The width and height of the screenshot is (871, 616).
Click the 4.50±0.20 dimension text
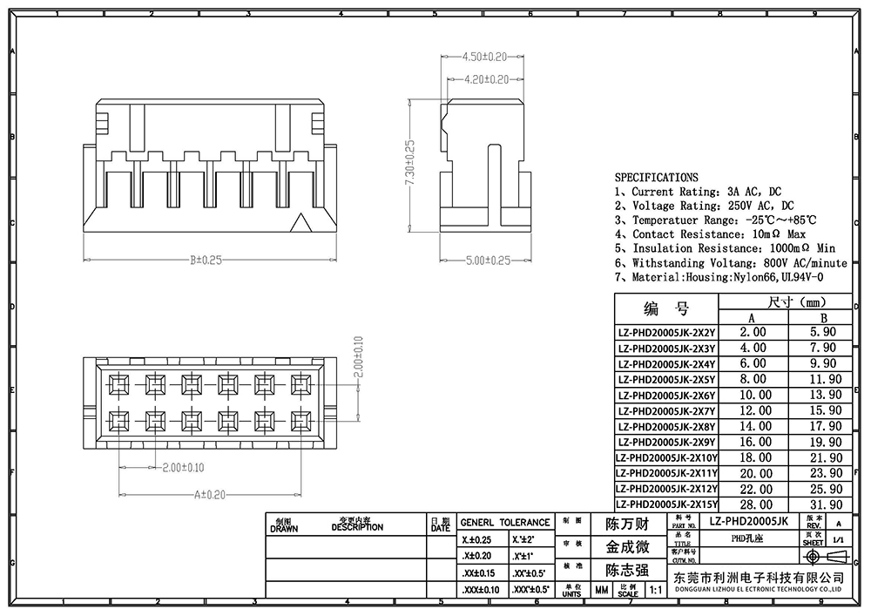(x=484, y=57)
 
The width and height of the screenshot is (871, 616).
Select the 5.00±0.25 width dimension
(x=484, y=261)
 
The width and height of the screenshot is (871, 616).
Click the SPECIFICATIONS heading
(x=656, y=177)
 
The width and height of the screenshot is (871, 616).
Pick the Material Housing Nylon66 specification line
(x=719, y=277)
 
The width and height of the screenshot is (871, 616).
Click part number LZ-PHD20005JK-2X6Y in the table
(x=666, y=395)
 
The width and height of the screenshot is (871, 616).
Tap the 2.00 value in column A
(x=753, y=332)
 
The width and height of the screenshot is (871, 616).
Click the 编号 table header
(x=666, y=309)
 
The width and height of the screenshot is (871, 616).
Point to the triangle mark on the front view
(x=301, y=223)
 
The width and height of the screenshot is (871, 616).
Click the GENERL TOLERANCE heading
(x=505, y=522)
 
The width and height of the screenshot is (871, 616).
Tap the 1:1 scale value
(x=654, y=590)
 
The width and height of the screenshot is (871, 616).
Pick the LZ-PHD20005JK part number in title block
(x=748, y=521)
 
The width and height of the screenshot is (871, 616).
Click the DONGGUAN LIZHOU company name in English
(x=757, y=590)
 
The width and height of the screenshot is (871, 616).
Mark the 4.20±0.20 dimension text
(x=484, y=79)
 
